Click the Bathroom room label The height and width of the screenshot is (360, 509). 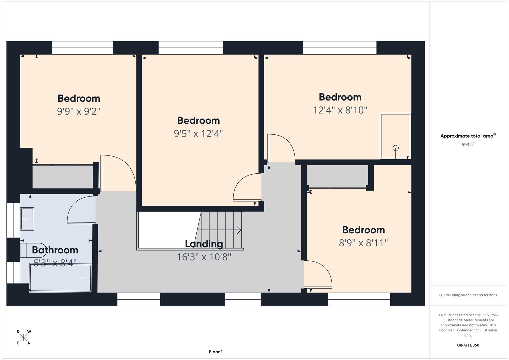(55, 250)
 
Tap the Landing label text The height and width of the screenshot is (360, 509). (204, 244)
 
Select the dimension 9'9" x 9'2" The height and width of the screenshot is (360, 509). (79, 111)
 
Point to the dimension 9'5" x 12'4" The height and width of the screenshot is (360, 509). (198, 134)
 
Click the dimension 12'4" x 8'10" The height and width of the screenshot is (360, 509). (340, 110)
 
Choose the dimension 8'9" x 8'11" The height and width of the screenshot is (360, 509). (363, 243)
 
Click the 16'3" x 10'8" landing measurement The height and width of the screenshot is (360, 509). (204, 257)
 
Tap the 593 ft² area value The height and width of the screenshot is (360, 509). (468, 145)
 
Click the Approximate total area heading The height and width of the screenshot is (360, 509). (468, 136)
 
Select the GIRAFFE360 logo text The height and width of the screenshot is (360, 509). (468, 345)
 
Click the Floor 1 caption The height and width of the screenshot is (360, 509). (216, 352)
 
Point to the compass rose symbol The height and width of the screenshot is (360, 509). (23, 337)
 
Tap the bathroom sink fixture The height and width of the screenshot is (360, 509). (27, 219)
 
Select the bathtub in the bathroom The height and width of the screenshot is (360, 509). (61, 278)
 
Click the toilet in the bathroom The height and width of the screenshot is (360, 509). (32, 250)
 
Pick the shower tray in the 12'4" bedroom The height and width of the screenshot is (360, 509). (395, 136)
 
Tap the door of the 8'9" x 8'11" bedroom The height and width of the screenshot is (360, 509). (318, 273)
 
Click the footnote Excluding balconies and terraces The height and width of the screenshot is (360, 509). (468, 295)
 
